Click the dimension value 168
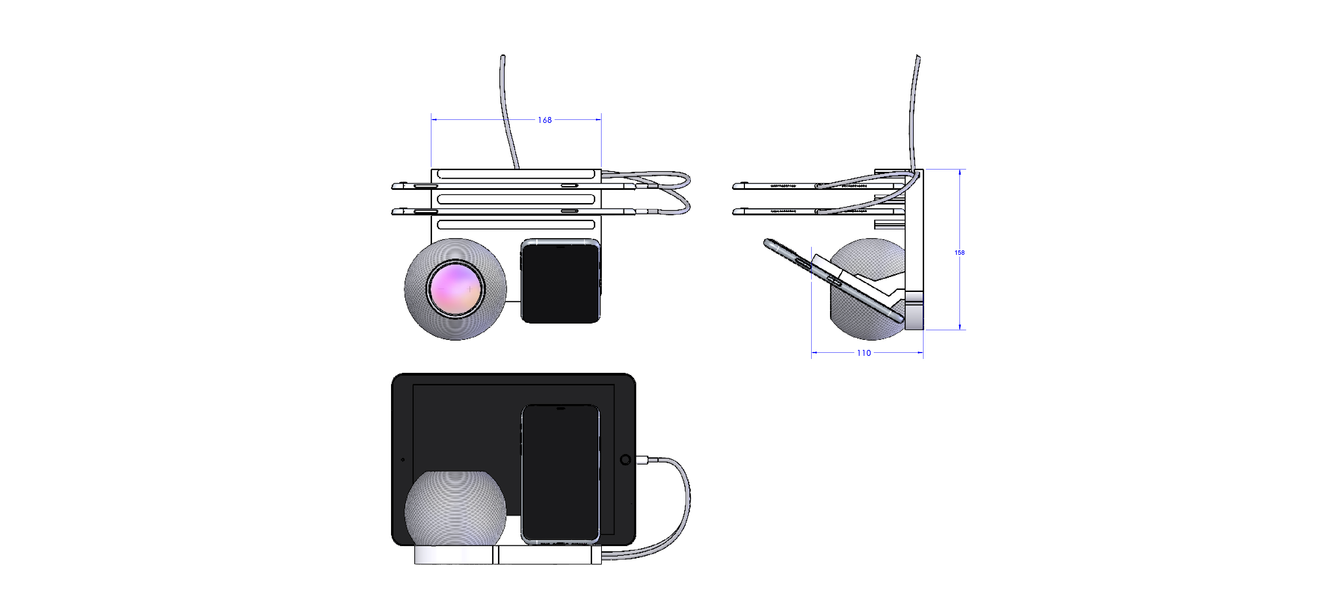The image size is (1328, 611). coord(545,120)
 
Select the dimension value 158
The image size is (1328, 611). coord(960,252)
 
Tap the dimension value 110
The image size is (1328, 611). coord(864,353)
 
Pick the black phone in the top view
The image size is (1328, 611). coord(561,281)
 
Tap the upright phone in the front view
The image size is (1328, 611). coord(561,474)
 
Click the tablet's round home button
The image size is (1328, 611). coord(625,460)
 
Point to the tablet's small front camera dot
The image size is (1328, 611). coord(402,460)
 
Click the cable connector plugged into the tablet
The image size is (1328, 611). coord(642,460)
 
